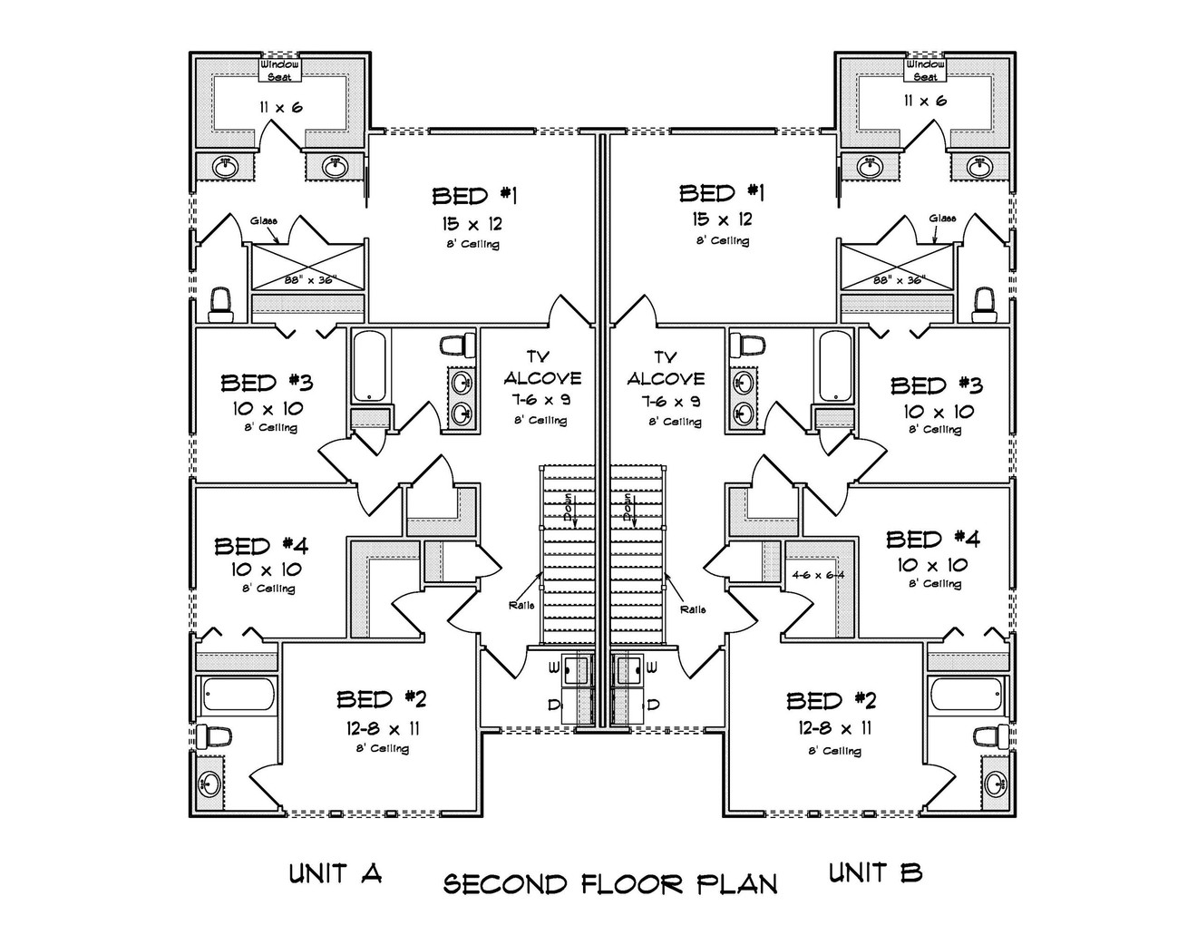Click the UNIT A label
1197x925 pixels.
335,873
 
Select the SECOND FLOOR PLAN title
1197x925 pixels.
609,884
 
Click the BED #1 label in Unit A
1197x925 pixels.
474,195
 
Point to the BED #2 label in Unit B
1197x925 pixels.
832,700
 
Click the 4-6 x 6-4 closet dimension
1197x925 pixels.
817,575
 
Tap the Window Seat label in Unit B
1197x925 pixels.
925,70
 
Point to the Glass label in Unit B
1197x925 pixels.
942,218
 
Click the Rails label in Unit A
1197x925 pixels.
521,605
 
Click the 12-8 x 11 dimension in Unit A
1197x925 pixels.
382,727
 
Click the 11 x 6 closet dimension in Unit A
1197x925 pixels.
279,107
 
